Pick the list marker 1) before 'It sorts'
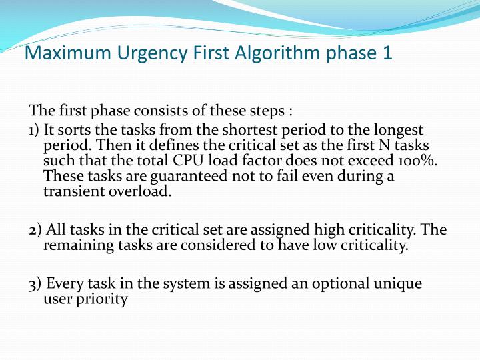pyautogui.click(x=35, y=130)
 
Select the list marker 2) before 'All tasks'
pyautogui.click(x=35, y=230)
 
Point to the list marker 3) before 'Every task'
pyautogui.click(x=35, y=284)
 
